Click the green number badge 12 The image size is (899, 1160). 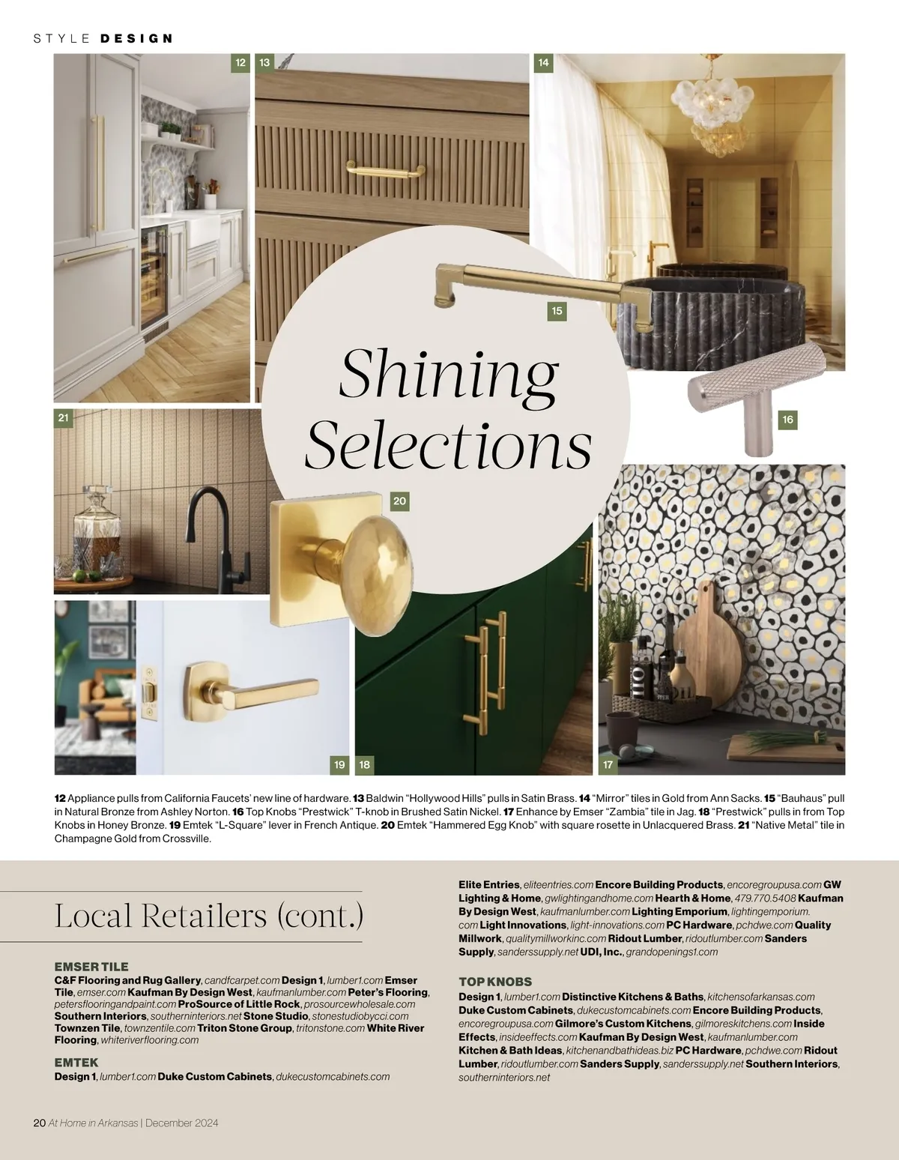240,63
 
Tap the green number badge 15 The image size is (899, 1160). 556,311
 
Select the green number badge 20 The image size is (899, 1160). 399,501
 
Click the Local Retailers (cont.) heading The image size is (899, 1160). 208,916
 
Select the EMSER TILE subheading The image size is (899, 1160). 91,967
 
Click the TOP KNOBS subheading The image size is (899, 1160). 495,982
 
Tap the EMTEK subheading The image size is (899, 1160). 76,1063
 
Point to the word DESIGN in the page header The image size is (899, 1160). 136,38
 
